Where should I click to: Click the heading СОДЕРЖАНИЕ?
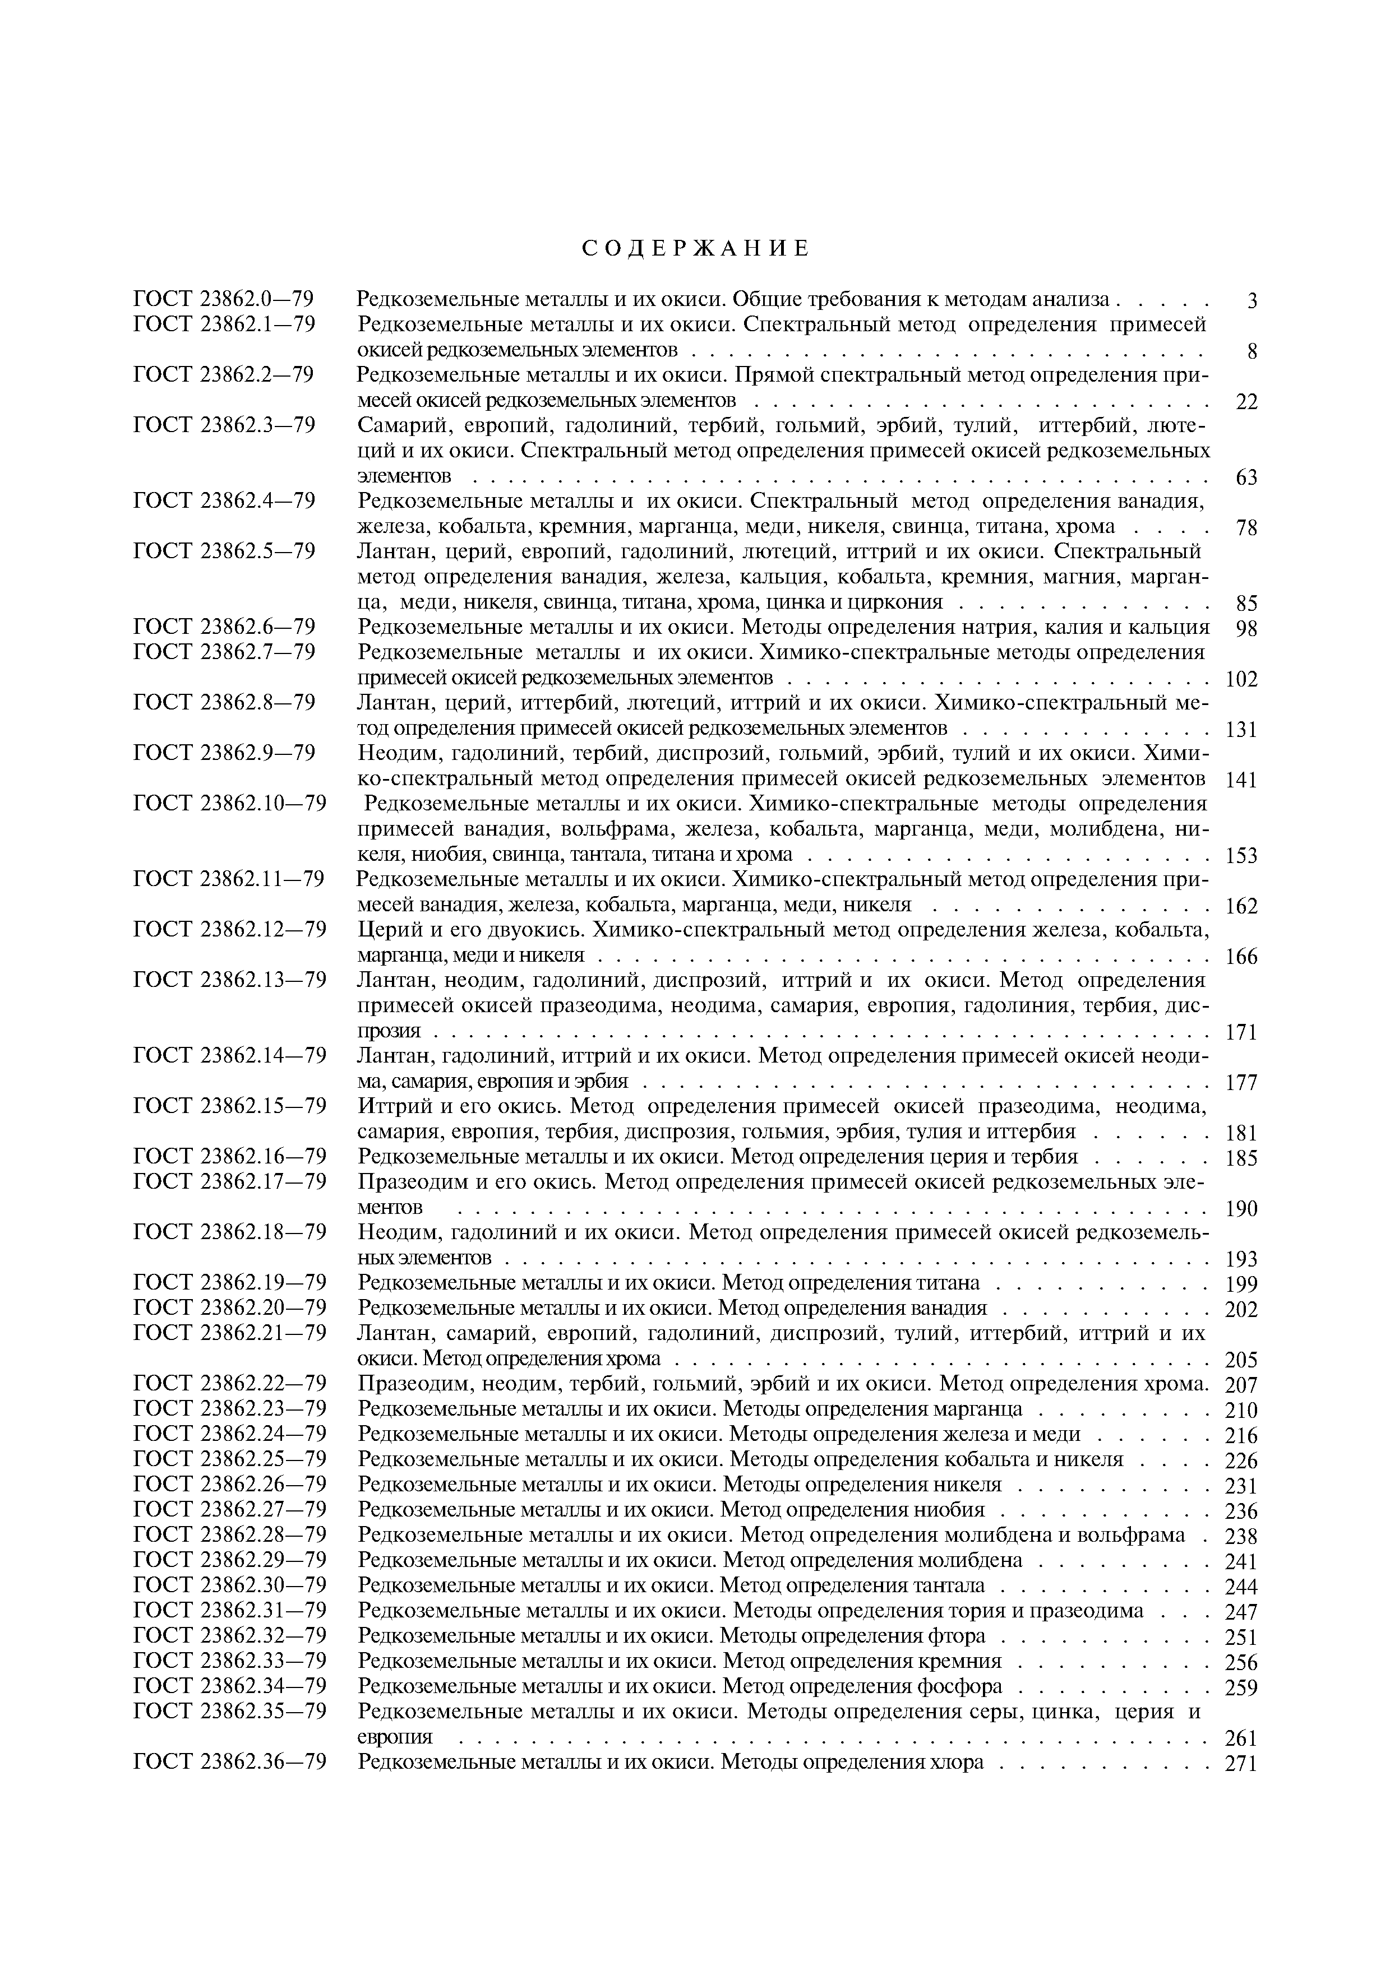695,249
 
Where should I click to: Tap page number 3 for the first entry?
1252,302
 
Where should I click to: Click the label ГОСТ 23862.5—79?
224,550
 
